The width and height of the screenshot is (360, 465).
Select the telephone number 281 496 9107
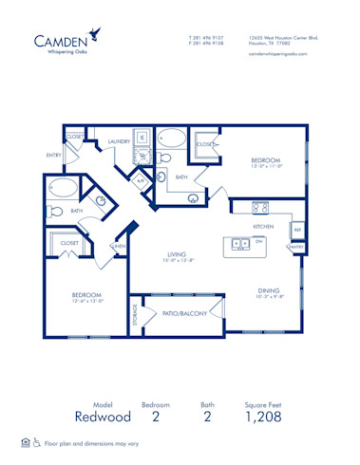point(208,38)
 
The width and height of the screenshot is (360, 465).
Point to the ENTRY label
point(53,155)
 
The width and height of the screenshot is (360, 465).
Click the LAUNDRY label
point(119,141)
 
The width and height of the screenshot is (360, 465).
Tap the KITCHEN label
point(263,227)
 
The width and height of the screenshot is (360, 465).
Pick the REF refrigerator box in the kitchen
point(296,230)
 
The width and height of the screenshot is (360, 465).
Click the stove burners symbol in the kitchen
point(261,208)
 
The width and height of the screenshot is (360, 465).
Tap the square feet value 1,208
point(265,416)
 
